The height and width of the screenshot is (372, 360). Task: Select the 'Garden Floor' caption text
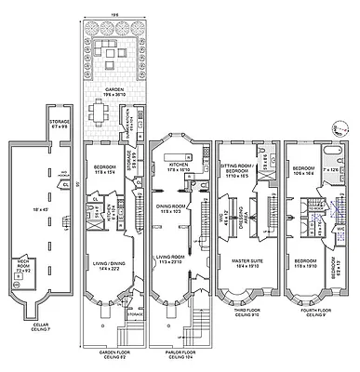point(113,353)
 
